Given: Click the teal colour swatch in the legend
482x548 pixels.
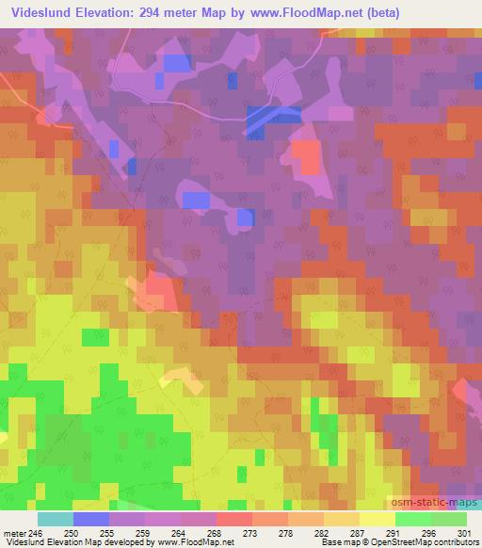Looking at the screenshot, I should point(56,519).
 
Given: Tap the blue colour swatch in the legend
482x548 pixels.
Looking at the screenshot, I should point(91,519).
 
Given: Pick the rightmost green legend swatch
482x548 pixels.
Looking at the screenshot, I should point(448,519).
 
